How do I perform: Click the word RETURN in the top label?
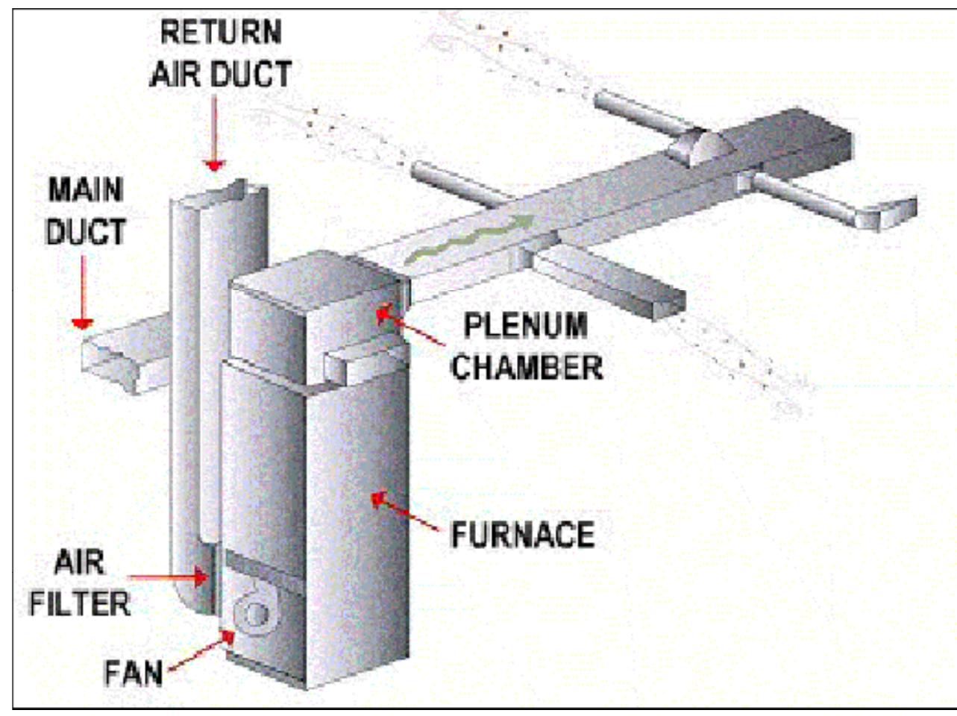(222, 32)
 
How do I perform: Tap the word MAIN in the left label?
(85, 189)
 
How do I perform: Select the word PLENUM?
(524, 326)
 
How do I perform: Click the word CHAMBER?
(527, 367)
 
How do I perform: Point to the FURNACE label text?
(523, 535)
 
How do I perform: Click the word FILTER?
(80, 603)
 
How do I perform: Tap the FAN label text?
(134, 673)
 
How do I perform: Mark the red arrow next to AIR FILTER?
(168, 577)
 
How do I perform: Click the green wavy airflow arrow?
(469, 239)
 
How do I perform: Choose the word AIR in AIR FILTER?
(80, 562)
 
